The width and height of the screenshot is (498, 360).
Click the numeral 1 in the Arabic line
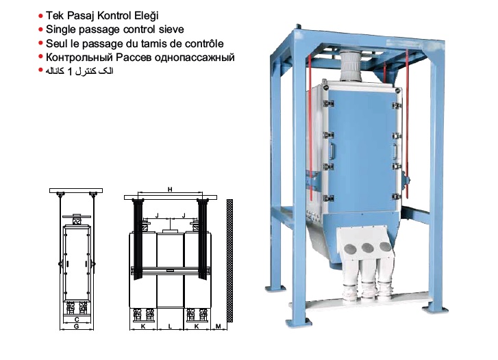(x=70, y=71)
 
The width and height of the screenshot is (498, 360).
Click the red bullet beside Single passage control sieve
(x=40, y=29)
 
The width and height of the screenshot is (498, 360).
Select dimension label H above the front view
(x=170, y=190)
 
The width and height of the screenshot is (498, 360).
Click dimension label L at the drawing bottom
(x=170, y=326)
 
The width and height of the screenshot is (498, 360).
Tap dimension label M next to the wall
(x=219, y=326)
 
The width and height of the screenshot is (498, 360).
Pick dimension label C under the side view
(x=77, y=320)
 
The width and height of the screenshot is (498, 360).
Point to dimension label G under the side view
(x=76, y=326)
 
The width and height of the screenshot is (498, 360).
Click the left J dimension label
(x=157, y=216)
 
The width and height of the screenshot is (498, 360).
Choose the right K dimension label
(x=197, y=326)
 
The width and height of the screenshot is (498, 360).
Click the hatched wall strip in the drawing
(x=229, y=261)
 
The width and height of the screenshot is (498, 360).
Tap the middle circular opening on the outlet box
(x=367, y=247)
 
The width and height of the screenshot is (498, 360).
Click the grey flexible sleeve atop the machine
(x=351, y=66)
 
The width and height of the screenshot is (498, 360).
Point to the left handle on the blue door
(x=332, y=151)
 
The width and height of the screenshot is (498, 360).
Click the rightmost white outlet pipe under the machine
(x=385, y=281)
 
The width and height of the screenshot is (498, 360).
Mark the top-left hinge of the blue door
(x=328, y=103)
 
